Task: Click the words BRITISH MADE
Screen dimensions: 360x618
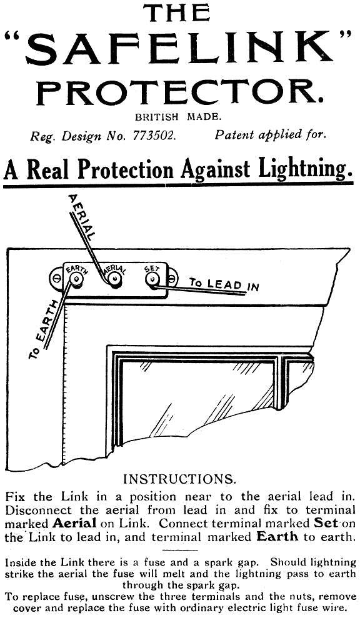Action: pyautogui.click(x=179, y=117)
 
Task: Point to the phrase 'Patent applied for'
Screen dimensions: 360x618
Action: pyautogui.click(x=271, y=136)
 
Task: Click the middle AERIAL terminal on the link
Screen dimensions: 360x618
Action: pyautogui.click(x=114, y=280)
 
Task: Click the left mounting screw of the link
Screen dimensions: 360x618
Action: pyautogui.click(x=56, y=278)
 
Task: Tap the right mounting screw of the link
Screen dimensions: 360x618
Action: pyautogui.click(x=172, y=278)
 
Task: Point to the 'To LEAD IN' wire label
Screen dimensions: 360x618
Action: pyautogui.click(x=224, y=284)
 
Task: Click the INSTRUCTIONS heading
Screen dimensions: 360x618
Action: pyautogui.click(x=180, y=479)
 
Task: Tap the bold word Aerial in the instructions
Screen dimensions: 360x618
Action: pyautogui.click(x=74, y=524)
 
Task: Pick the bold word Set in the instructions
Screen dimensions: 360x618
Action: pyautogui.click(x=326, y=524)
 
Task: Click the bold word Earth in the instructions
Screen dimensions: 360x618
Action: pyautogui.click(x=277, y=537)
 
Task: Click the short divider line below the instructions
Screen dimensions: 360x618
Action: pyautogui.click(x=180, y=551)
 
